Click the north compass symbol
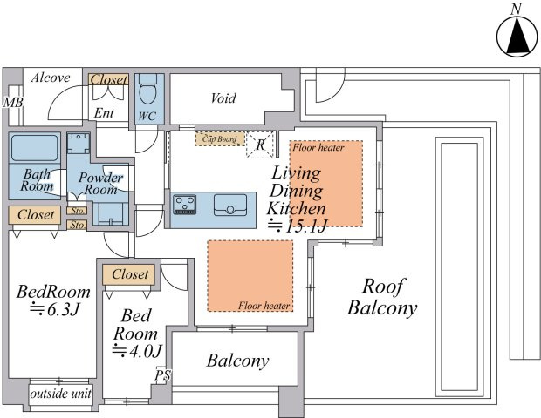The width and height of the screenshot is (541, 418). click(517, 37)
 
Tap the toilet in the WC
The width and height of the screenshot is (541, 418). click(147, 89)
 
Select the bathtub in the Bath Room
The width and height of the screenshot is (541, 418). click(35, 148)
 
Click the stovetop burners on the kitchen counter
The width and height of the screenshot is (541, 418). click(185, 205)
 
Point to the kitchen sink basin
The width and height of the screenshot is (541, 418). click(230, 206)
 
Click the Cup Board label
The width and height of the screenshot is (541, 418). click(220, 139)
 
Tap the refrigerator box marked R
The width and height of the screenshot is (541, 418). click(260, 145)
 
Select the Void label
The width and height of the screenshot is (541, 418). click(223, 98)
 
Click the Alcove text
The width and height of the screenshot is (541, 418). click(51, 78)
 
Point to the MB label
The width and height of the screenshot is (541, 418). click(13, 102)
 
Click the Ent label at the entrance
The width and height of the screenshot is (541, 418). click(104, 113)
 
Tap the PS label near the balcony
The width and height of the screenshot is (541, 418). click(162, 375)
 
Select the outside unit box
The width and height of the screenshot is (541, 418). click(61, 394)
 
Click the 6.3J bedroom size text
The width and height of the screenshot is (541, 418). click(55, 309)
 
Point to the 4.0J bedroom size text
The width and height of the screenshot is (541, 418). click(137, 351)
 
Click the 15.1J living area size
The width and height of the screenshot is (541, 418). click(298, 226)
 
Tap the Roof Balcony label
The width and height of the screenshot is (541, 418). click(382, 297)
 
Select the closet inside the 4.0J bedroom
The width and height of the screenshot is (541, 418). click(128, 275)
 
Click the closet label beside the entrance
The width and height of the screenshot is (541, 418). click(108, 79)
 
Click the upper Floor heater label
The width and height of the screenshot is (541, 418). click(318, 148)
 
